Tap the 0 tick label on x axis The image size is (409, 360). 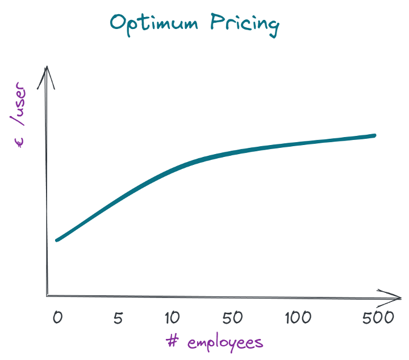(x=57, y=317)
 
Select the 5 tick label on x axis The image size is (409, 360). (x=118, y=317)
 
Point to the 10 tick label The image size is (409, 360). (x=172, y=317)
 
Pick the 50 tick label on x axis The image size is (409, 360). (x=232, y=317)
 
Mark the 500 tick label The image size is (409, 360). (x=378, y=317)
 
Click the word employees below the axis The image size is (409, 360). (x=225, y=342)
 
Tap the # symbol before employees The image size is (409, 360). (x=173, y=341)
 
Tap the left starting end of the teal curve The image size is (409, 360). (x=57, y=240)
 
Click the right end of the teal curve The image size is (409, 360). (x=374, y=135)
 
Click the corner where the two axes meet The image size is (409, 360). (x=48, y=296)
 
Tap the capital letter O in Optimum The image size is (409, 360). (x=118, y=23)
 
